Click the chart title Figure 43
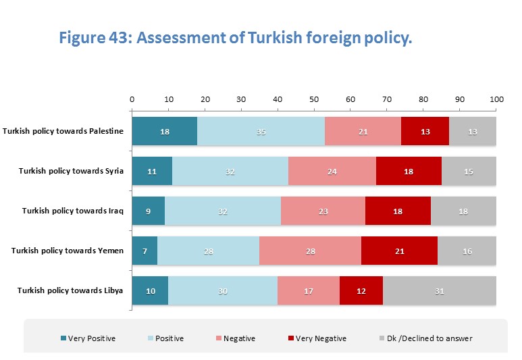tap(235, 38)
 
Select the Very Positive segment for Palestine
tap(164, 131)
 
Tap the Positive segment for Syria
tap(230, 170)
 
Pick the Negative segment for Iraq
tap(323, 210)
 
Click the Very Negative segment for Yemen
tap(399, 251)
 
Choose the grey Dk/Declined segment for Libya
tap(440, 290)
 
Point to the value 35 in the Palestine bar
tap(261, 131)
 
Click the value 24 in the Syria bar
tap(332, 171)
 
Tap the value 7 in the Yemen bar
tap(145, 251)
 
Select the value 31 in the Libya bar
tap(440, 290)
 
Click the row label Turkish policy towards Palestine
tap(63, 131)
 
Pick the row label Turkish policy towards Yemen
tap(68, 251)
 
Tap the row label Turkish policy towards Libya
tap(70, 290)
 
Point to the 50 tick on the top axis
tap(314, 99)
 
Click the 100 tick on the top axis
tap(496, 99)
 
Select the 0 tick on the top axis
tap(132, 99)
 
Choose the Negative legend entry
tap(240, 338)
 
